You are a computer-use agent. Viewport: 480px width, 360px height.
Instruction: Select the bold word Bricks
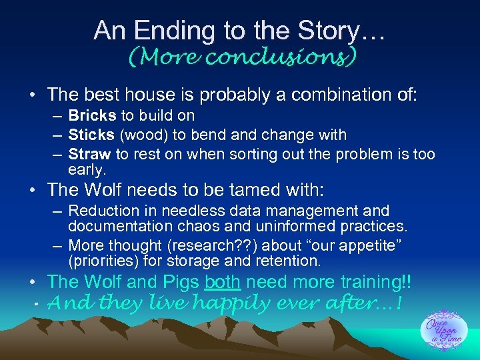92,115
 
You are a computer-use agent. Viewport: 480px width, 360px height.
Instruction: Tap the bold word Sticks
91,135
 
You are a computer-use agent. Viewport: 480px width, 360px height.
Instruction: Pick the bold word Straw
89,155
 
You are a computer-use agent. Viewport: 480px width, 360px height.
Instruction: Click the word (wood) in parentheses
143,135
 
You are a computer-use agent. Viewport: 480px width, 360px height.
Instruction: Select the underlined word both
222,282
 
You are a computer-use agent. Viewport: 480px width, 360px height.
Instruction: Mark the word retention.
290,260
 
